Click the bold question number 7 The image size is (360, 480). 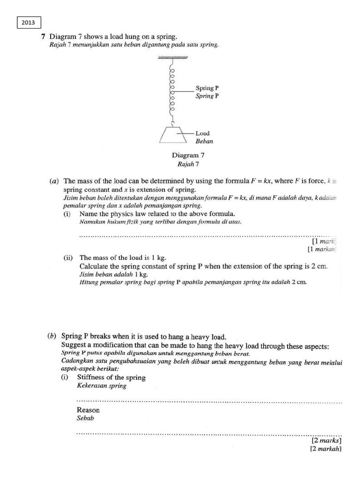coord(43,37)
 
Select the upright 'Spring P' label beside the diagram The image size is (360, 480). coord(207,88)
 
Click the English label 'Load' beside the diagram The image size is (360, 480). coord(202,133)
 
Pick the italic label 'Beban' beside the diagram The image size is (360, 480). coord(204,141)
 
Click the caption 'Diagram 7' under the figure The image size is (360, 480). coord(188,155)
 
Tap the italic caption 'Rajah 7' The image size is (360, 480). coord(188,164)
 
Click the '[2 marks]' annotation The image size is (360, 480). coord(326,441)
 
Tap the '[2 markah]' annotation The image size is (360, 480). coord(325,449)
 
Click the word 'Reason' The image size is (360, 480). coord(88,410)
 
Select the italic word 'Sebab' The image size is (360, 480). coord(86,418)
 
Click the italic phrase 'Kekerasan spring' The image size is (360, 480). coord(102,386)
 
